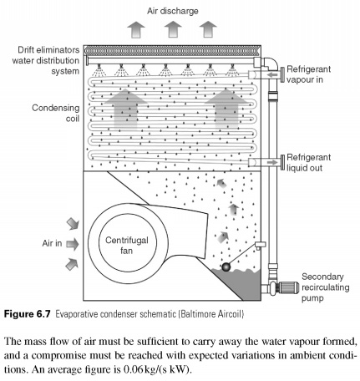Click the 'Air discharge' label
pos(173,11)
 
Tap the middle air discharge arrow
pos(173,29)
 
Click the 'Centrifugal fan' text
pos(126,246)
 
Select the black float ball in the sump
pos(226,267)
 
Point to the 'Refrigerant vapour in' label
pos(308,74)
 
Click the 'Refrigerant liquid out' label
pos(308,163)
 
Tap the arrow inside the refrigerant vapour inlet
pos(272,74)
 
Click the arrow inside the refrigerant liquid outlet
pos(272,162)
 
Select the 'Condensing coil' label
pos(56,113)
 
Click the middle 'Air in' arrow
pos(73,244)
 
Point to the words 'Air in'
pos(52,243)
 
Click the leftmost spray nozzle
pos(99,70)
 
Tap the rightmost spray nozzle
pos(231,70)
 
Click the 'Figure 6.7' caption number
pos(28,314)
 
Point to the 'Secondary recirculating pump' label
pos(325,287)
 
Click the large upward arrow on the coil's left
pos(126,109)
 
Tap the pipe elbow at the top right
pos(271,64)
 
